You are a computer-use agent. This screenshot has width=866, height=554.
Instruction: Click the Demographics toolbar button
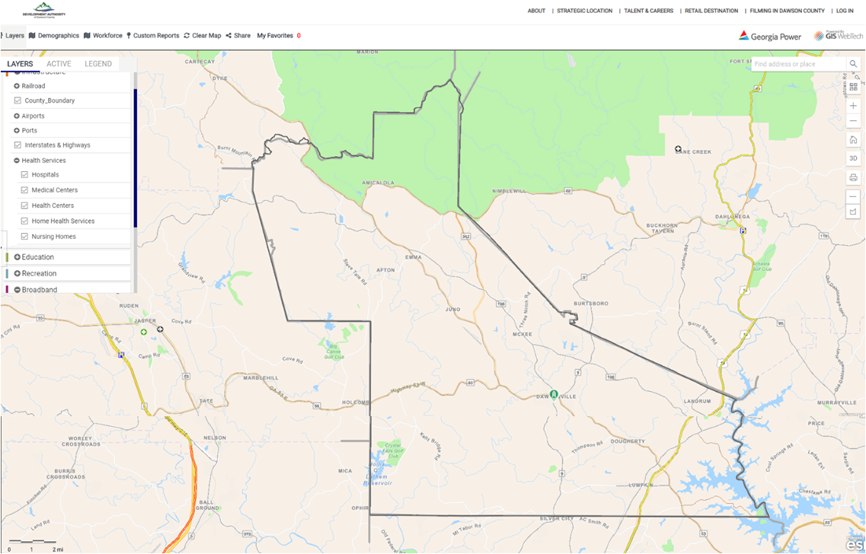(x=54, y=36)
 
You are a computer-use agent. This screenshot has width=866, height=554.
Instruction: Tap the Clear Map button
(x=203, y=36)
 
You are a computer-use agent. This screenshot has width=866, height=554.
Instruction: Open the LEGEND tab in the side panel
(x=98, y=64)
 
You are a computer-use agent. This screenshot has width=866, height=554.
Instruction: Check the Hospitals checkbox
(x=24, y=175)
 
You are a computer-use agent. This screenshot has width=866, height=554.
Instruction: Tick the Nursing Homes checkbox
(x=24, y=237)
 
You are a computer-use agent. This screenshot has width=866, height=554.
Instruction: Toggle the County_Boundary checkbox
(x=18, y=100)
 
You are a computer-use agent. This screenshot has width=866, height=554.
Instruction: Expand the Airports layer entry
(x=17, y=116)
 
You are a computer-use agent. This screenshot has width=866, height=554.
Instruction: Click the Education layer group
(x=38, y=257)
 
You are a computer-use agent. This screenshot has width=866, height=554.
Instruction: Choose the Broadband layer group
(x=39, y=290)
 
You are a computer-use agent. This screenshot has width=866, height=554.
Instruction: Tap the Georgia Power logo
(x=770, y=36)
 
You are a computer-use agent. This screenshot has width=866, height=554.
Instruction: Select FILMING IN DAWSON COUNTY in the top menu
(x=787, y=11)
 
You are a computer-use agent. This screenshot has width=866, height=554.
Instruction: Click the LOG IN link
(x=845, y=11)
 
